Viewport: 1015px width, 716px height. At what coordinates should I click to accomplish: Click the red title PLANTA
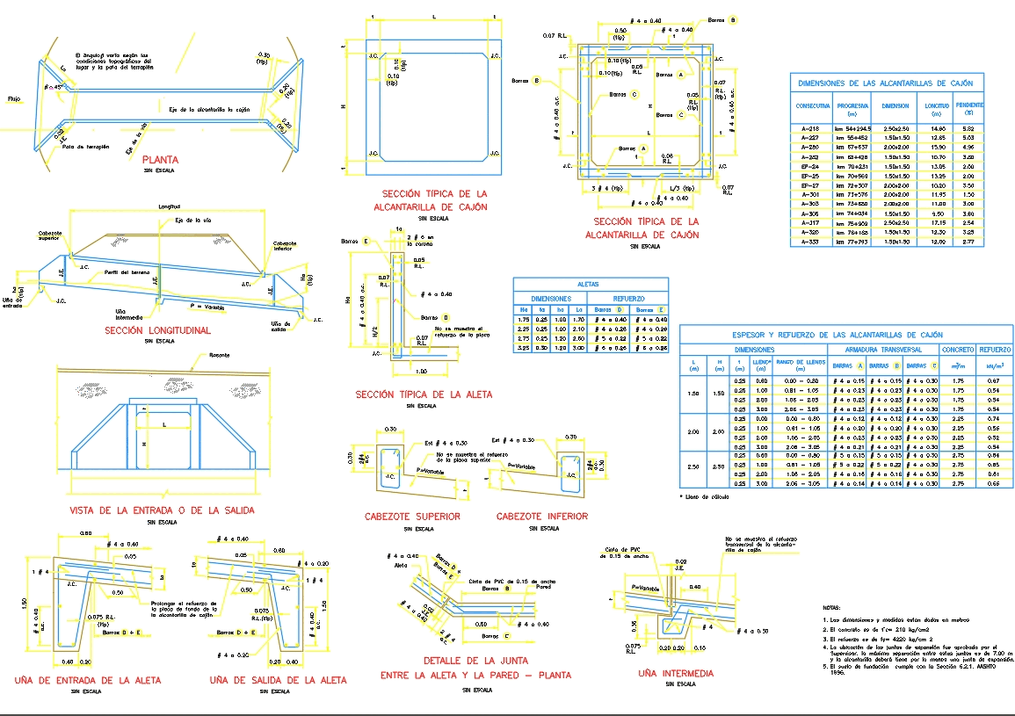click(160, 160)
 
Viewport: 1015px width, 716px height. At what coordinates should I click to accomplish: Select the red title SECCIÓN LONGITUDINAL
click(157, 330)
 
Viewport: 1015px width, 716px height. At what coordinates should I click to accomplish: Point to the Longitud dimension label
click(169, 208)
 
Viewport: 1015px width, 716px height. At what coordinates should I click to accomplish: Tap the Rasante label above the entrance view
click(219, 355)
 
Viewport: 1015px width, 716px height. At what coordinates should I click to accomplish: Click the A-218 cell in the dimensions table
click(809, 128)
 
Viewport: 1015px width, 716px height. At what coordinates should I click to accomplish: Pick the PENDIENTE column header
click(968, 108)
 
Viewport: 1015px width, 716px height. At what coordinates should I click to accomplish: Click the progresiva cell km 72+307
click(851, 185)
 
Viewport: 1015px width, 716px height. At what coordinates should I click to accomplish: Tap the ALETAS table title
click(589, 285)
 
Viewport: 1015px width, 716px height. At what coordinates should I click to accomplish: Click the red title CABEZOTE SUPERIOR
click(412, 517)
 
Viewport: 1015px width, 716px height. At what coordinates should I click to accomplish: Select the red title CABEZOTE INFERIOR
click(542, 517)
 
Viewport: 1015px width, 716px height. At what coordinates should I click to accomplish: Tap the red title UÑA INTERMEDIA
click(675, 673)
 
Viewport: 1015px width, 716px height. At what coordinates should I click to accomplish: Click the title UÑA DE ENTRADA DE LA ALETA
click(88, 680)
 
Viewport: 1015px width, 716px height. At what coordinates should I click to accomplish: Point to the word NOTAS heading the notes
click(831, 607)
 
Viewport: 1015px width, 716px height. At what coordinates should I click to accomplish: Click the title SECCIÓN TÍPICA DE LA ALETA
click(424, 394)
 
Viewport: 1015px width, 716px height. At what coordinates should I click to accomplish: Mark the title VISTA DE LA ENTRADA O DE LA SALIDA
click(163, 510)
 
